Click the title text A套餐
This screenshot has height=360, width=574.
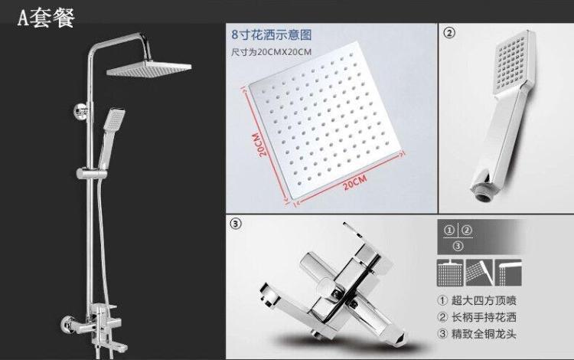pos(46,17)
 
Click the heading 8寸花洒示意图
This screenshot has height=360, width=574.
pos(271,34)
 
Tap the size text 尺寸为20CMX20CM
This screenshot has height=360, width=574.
pos(271,52)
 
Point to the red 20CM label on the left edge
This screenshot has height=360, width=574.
pos(260,144)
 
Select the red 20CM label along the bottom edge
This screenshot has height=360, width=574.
pos(354,183)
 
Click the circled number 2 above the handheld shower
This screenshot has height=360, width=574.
pos(449,33)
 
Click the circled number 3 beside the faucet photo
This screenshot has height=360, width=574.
pos(236,223)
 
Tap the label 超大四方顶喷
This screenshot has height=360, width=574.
pos(484,301)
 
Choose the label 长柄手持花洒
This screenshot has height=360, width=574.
pos(484,317)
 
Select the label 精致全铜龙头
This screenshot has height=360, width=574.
pos(484,334)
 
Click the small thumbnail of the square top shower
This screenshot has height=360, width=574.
pos(450,273)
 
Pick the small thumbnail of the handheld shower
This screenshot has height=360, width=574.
pos(479,273)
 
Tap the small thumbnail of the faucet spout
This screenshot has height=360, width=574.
pos(508,273)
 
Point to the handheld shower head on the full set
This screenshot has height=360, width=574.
pos(114,119)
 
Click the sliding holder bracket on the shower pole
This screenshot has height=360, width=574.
pos(92,173)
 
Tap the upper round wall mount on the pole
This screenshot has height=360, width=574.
pos(80,112)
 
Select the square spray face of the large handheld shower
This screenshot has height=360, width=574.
pos(511,64)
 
